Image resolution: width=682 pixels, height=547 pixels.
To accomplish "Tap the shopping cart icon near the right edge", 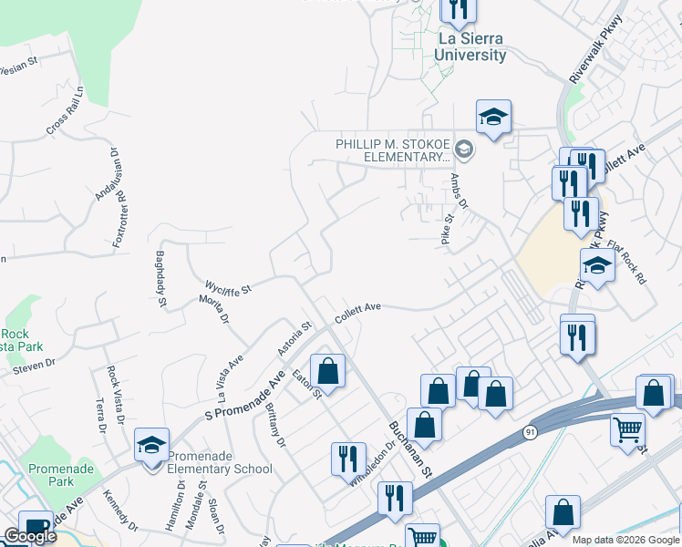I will pyautogui.click(x=628, y=429).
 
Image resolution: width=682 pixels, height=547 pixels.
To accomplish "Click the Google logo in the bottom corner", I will pyautogui.click(x=30, y=536).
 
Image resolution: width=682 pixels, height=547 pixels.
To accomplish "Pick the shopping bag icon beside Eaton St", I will pyautogui.click(x=327, y=370).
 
